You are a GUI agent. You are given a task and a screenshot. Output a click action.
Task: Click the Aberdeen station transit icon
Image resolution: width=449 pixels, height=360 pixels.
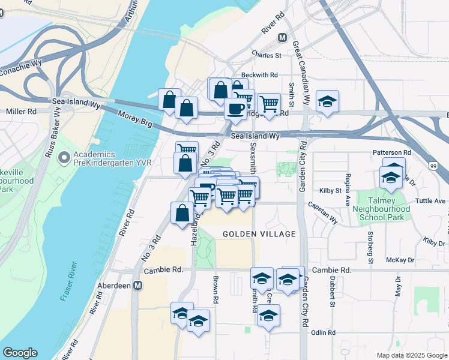138,285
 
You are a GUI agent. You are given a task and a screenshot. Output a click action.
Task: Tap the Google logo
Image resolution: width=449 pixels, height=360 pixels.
20,353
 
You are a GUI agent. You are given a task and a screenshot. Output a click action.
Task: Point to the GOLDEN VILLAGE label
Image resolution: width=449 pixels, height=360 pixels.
251,233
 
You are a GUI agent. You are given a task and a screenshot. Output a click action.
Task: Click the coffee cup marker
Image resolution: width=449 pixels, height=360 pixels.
235,109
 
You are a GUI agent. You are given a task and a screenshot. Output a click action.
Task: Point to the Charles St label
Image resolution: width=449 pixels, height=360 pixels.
267,55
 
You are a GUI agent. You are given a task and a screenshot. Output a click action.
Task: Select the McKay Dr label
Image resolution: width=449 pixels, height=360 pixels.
400,260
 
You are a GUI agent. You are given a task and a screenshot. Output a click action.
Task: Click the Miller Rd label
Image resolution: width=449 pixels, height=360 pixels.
21,112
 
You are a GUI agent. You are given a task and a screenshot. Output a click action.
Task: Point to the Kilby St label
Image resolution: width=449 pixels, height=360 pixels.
330,190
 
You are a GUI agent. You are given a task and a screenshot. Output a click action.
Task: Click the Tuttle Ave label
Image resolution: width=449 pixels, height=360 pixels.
432,200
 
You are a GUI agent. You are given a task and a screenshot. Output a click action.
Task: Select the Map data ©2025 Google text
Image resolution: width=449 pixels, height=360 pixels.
412,355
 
